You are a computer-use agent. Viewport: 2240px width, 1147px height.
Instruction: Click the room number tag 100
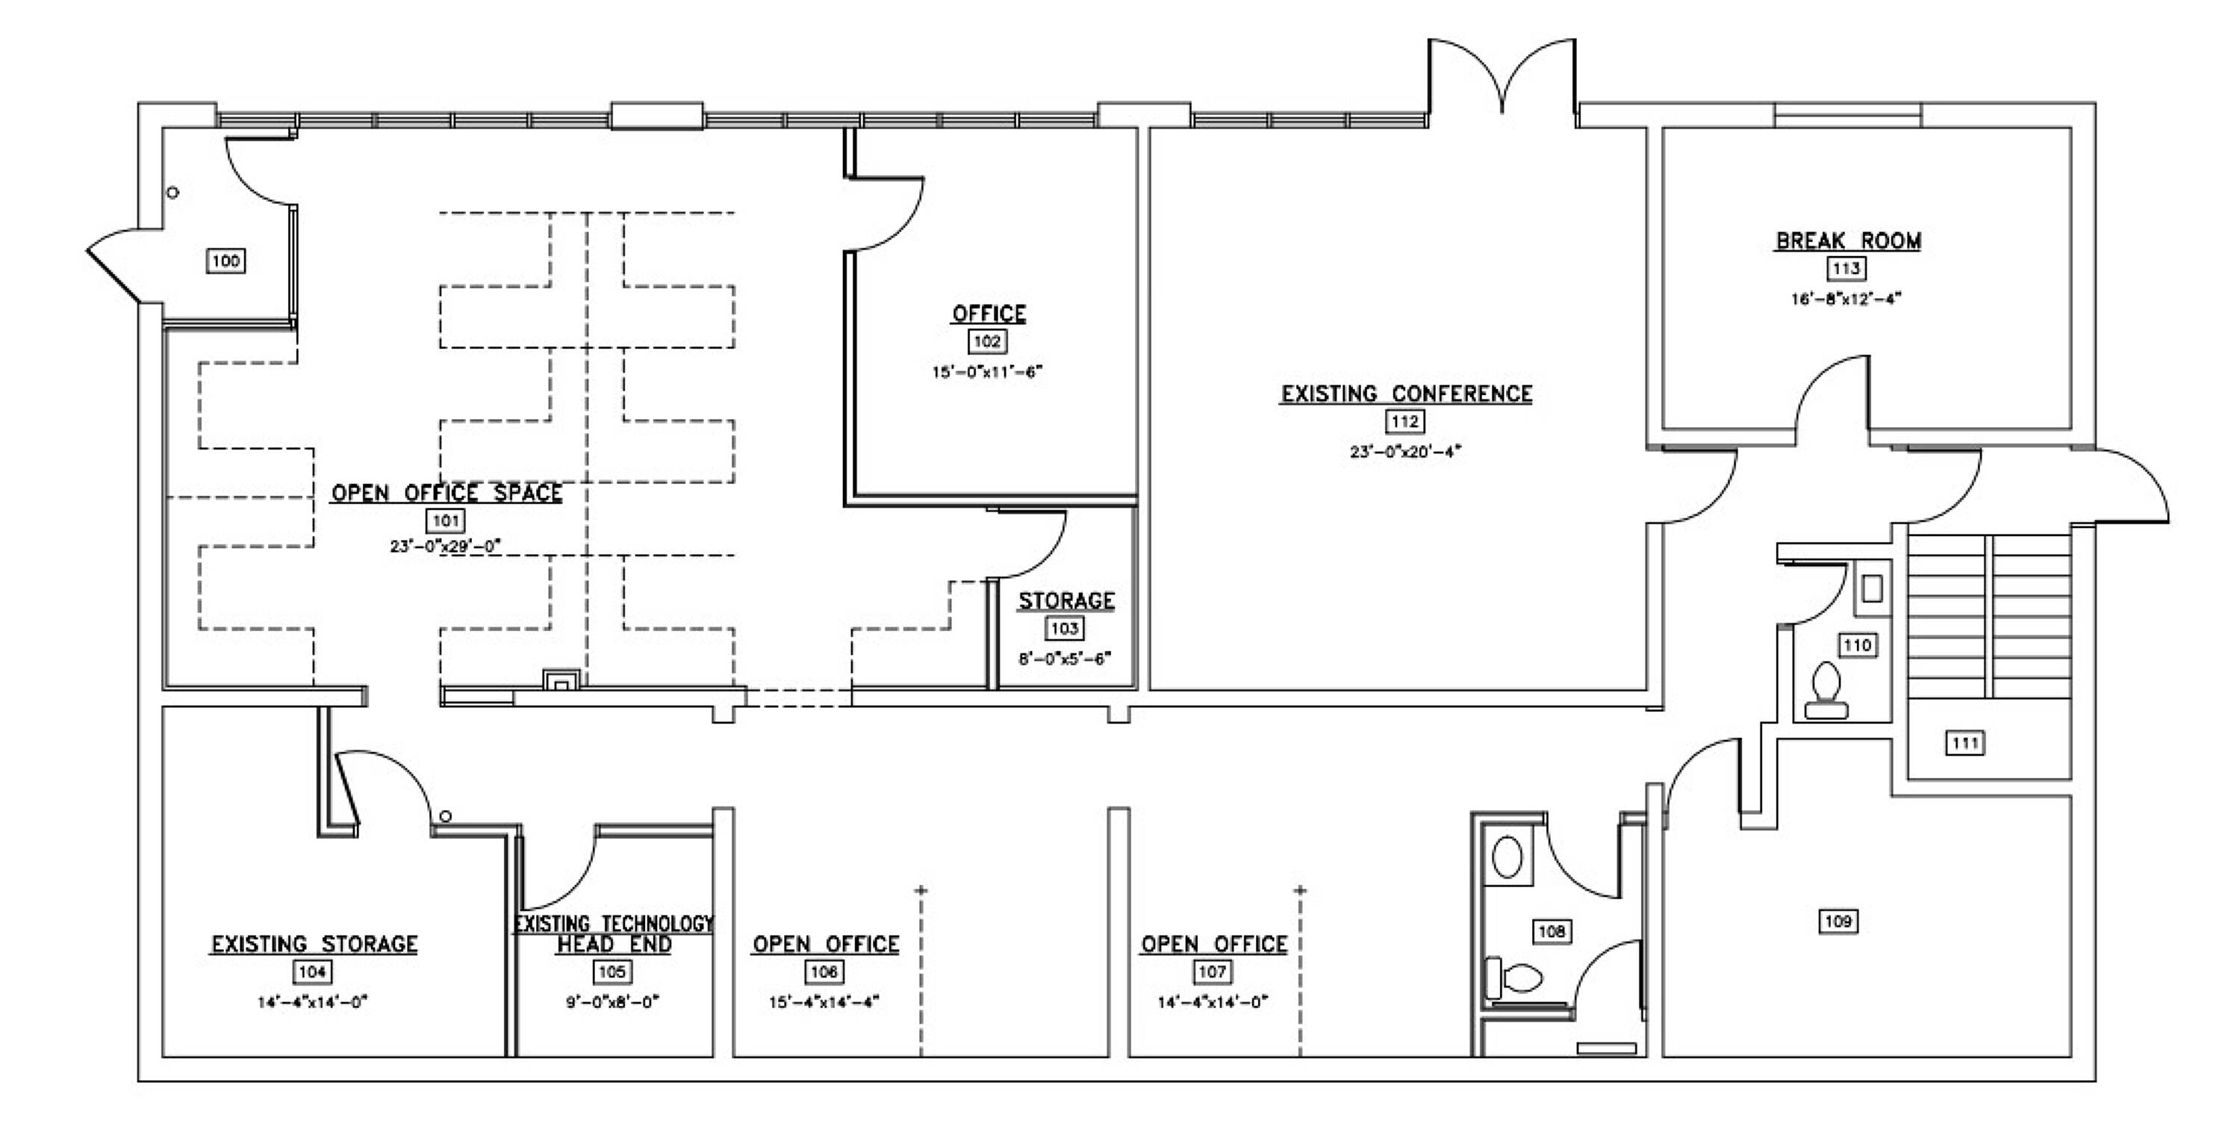coord(226,261)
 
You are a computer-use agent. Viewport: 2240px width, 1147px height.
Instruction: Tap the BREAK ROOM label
coord(1848,241)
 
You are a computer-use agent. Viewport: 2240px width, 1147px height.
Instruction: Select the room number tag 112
coord(1405,422)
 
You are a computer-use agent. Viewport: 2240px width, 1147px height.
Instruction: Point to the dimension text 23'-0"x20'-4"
coord(1405,451)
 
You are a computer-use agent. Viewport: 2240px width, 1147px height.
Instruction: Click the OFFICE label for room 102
coord(989,314)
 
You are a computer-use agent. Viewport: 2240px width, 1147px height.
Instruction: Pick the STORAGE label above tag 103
coord(1066,601)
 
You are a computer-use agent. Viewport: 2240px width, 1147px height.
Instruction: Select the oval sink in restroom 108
coord(1508,857)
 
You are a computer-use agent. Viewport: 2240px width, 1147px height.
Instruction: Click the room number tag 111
coord(1965,744)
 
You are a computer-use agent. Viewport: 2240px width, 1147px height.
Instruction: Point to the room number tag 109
coord(1838,921)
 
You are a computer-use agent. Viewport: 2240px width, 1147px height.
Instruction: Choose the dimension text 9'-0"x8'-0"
coord(613,1002)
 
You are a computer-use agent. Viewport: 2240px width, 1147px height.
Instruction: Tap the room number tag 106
coord(824,972)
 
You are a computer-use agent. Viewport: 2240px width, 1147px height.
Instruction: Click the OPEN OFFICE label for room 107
coord(1214,945)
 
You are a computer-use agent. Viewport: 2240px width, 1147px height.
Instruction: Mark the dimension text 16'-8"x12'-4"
coord(1846,298)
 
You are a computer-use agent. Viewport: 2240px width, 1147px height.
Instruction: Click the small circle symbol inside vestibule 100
coord(173,192)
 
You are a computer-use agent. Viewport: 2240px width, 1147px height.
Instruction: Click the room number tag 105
coord(613,972)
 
